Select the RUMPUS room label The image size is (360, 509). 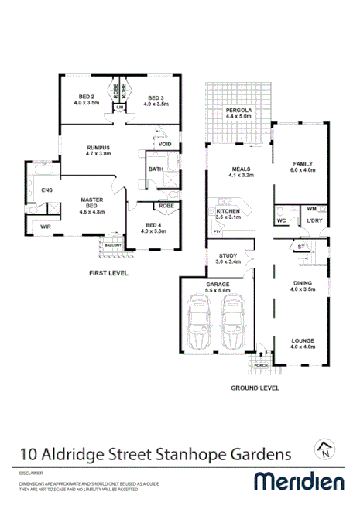[x=98, y=149]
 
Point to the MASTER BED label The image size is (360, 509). [x=92, y=203]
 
